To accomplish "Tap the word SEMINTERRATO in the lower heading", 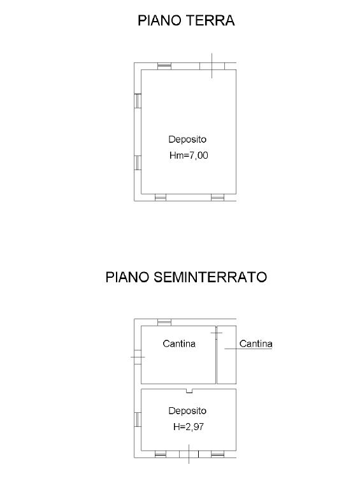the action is click(210, 277).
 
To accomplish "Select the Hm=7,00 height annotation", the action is click(189, 155).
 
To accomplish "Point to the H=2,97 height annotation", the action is click(189, 427).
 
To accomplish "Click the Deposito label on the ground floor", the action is click(187, 139).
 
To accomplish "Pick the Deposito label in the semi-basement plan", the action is click(187, 411).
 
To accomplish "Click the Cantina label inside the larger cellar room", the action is click(179, 343).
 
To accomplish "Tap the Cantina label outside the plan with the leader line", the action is click(256, 343).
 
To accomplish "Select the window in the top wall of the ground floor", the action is click(164, 66).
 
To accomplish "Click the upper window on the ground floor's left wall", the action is click(138, 101).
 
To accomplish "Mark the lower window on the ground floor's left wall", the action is click(138, 162).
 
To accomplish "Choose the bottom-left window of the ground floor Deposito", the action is click(161, 198).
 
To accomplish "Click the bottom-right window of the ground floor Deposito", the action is click(218, 198).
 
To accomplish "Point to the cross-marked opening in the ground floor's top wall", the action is click(212, 66).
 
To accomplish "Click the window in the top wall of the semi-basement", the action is click(164, 322).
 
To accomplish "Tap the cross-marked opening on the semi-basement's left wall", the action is click(138, 357).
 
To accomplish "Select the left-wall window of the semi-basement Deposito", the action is click(138, 419).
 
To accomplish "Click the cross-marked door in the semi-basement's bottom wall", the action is click(189, 454).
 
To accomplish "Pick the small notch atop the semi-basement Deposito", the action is click(189, 391).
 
